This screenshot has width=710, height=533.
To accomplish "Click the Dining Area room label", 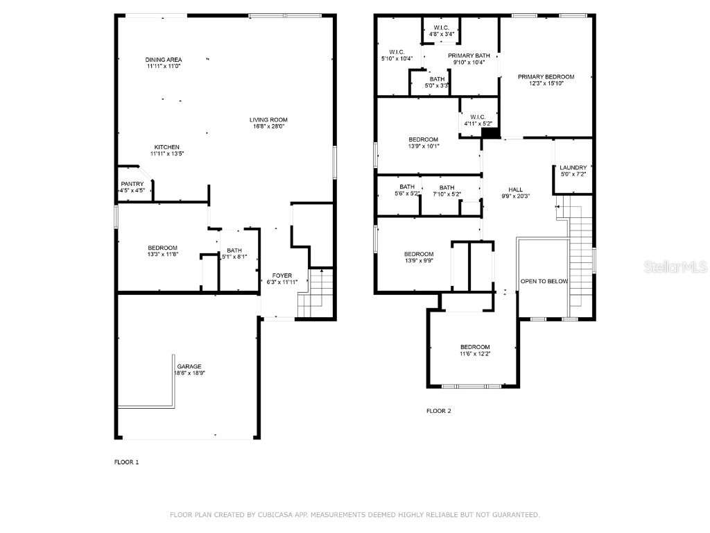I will point(164,60).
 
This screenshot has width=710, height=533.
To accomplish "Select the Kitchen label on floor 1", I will point(167,147).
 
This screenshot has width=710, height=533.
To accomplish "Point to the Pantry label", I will point(132,184).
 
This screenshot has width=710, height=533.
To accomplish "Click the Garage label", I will point(189,366).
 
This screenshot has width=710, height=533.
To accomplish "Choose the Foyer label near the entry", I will point(282,275).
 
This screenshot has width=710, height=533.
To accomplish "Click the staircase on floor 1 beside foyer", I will point(315,294).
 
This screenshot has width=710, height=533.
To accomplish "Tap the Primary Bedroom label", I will point(546,76).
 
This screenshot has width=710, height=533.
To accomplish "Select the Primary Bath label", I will point(469,56).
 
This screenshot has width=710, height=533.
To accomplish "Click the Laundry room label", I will point(573,167).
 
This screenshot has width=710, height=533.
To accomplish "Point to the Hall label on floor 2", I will point(515,189).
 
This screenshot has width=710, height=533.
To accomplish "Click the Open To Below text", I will point(544,281).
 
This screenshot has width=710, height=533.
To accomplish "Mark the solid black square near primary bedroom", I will point(490,133).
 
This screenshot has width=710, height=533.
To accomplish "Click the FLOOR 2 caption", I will point(438,411).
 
